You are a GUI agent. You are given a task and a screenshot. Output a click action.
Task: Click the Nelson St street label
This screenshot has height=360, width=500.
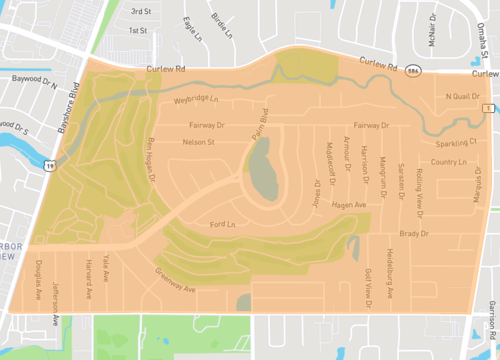pyautogui.click(x=201, y=143)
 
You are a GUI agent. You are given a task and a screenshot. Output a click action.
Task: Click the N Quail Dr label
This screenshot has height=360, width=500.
pyautogui.click(x=461, y=97)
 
